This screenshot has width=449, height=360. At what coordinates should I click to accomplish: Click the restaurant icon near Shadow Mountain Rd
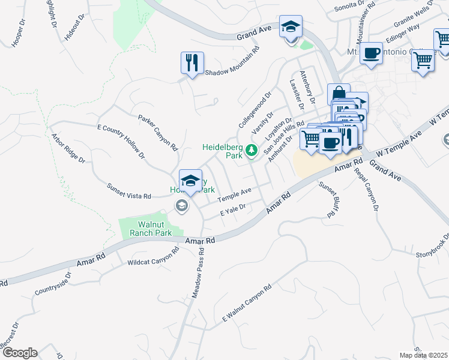coord(192,62)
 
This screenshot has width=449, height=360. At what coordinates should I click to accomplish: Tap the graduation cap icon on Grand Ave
coord(291,27)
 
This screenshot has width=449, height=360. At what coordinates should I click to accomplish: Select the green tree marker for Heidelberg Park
coord(253,150)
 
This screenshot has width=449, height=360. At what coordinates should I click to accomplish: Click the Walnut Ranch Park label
coord(146,229)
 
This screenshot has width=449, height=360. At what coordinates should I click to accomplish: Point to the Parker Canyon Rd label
coord(158,133)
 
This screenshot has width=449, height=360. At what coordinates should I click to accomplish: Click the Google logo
coord(20,353)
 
